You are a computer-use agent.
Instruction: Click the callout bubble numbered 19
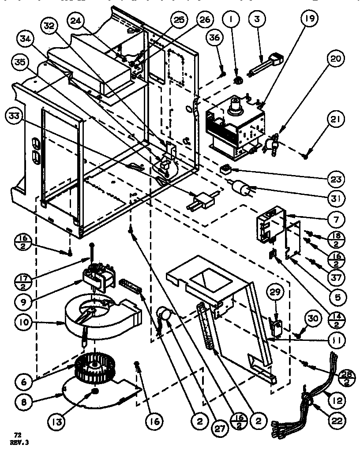tap(308, 19)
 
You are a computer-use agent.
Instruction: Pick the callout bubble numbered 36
tap(214, 38)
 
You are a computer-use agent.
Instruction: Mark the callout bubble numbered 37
tap(337, 277)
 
